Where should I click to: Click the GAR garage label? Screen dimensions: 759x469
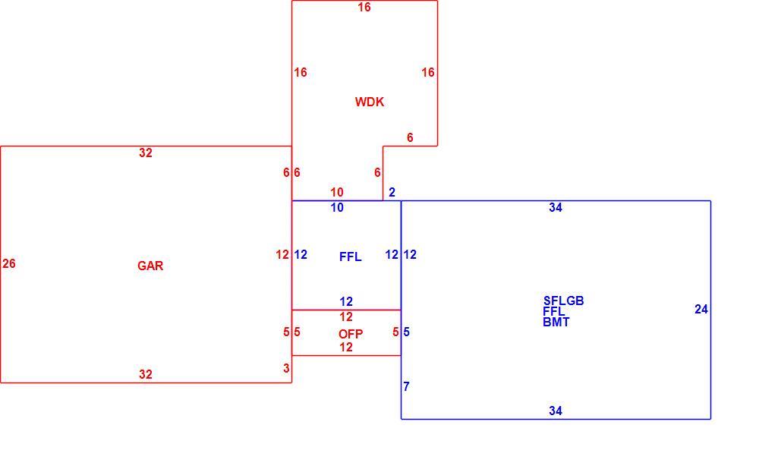pos(150,266)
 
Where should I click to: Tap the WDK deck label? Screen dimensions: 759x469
pos(370,102)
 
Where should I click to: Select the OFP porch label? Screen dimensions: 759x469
pos(351,334)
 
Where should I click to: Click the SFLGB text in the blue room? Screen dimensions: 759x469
pos(563,301)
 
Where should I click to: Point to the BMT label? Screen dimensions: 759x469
pos(556,323)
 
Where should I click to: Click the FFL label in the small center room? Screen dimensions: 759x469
pos(351,257)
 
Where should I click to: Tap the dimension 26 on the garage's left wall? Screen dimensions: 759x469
pos(9,264)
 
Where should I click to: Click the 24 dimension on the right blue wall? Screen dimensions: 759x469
pos(701,310)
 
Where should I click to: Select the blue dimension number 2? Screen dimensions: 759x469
pos(392,193)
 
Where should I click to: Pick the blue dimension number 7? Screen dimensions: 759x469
pos(407,387)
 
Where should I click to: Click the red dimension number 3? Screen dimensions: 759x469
pos(287,368)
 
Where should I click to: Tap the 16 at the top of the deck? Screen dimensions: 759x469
pos(364,8)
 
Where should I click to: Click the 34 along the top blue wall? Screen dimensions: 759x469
pos(556,208)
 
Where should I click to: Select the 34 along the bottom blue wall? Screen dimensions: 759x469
pos(556,411)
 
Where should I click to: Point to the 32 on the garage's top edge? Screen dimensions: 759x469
pos(146,153)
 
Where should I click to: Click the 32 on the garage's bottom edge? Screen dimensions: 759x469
pos(146,374)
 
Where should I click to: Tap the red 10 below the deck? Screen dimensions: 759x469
pos(337,192)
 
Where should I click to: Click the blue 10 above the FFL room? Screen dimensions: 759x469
pos(337,208)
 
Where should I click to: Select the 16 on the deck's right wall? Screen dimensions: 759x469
pos(428,73)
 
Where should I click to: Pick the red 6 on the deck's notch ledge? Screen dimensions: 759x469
pos(410,138)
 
